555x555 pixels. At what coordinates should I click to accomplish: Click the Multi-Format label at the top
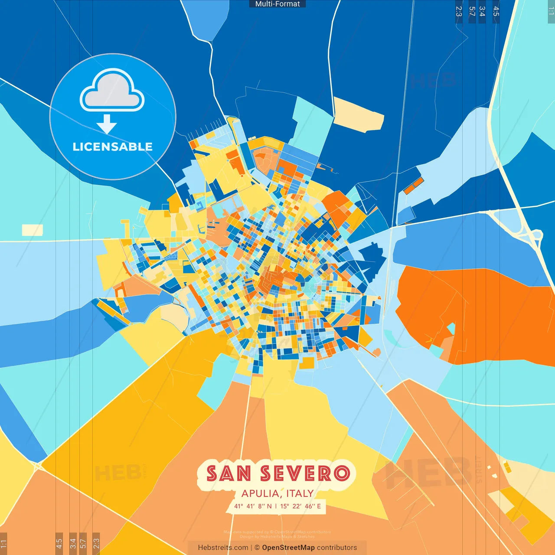[x=277, y=4]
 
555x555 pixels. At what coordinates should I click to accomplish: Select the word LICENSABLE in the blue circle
[x=112, y=147]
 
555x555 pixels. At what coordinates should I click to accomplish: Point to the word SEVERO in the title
[x=305, y=473]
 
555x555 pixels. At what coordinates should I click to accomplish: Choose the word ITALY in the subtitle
[x=300, y=493]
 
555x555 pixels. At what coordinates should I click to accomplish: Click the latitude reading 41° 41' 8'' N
[x=253, y=506]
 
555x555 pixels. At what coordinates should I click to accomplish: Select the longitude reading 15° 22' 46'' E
[x=300, y=506]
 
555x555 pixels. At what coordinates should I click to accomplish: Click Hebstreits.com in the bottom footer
[x=223, y=548]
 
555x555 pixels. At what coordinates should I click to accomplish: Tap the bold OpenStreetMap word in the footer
[x=288, y=548]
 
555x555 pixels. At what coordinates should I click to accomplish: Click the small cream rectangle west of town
[x=32, y=230]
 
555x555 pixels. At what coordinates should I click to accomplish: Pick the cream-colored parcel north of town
[x=358, y=114]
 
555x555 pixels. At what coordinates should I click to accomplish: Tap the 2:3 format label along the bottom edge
[x=96, y=543]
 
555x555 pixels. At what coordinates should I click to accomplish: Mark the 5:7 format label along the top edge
[x=472, y=11]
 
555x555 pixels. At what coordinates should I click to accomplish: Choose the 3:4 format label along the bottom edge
[x=73, y=543]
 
